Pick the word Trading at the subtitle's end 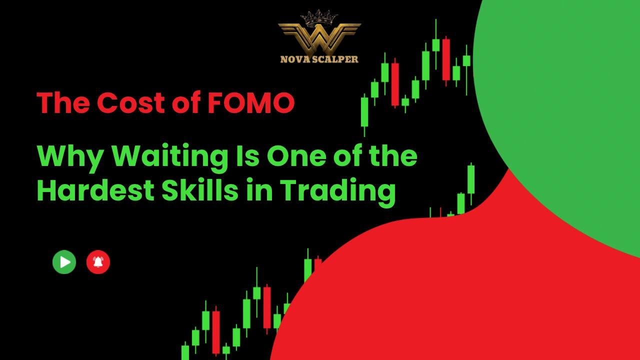coord(337,191)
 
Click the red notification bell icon coord(98,262)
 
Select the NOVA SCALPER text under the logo coord(319,59)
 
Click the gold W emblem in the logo coord(319,38)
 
